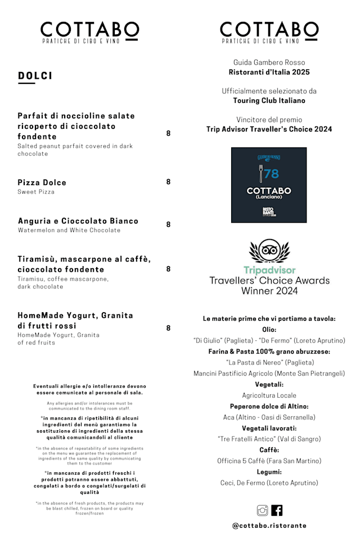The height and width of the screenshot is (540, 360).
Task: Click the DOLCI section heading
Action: click(35, 76)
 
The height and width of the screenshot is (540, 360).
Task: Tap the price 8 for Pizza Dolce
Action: click(168, 182)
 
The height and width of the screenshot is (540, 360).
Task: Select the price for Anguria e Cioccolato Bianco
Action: click(168, 224)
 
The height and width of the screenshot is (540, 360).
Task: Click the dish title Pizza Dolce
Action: click(42, 182)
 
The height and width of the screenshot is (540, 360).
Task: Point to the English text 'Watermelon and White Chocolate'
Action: click(69, 230)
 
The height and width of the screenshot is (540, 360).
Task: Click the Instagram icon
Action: click(262, 510)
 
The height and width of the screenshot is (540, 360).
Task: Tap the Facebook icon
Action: click(277, 510)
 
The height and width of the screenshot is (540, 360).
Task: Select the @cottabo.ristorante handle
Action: click(269, 525)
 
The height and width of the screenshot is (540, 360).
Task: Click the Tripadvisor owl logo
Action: click(269, 250)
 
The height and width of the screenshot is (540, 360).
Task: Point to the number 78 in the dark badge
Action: click(271, 174)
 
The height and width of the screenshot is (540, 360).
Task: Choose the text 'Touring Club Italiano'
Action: click(269, 101)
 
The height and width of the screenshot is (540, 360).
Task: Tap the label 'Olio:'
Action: click(269, 330)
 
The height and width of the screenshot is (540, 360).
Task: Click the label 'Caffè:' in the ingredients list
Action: click(269, 450)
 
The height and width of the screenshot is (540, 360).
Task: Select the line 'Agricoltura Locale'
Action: click(269, 395)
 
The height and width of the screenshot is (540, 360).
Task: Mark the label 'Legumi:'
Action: click(269, 472)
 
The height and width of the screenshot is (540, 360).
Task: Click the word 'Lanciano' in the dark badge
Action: click(269, 197)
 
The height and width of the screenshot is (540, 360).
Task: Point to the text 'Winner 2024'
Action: click(269, 291)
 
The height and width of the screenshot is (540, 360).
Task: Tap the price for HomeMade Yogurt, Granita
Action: click(168, 328)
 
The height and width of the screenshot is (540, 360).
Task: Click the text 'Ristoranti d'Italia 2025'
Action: click(269, 72)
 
